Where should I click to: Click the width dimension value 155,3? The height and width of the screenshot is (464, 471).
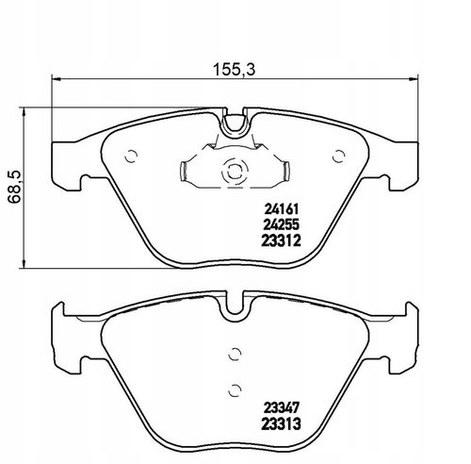[x=235, y=70]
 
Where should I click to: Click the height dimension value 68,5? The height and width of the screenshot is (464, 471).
[x=14, y=187]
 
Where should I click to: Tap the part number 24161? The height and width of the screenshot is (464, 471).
[x=281, y=208]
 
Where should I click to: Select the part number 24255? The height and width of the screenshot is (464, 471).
[x=281, y=224]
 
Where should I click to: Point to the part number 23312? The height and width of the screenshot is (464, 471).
[x=281, y=240]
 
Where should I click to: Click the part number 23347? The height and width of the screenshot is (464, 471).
[x=282, y=408]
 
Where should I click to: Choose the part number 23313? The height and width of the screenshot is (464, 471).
[x=282, y=424]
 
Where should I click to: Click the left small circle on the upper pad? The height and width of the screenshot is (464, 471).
[x=131, y=157]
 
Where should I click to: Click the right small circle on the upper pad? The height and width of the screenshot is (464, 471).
[x=339, y=157]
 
